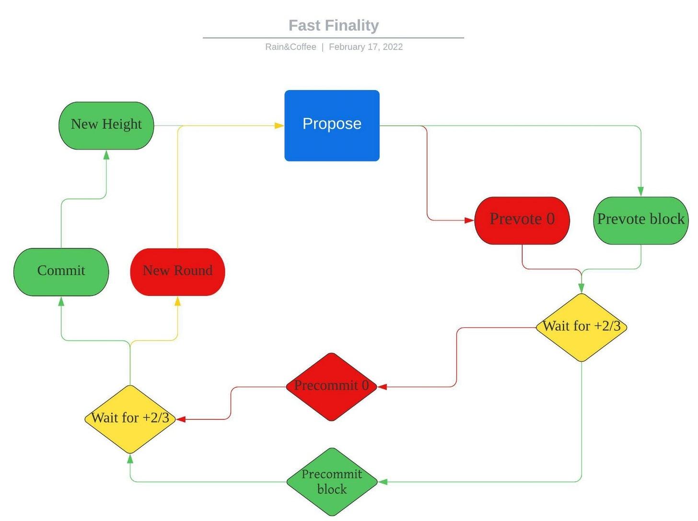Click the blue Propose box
click(332, 126)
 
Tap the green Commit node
click(61, 272)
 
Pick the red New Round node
click(177, 272)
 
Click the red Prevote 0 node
click(522, 220)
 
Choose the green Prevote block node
click(641, 220)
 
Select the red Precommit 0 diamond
click(331, 387)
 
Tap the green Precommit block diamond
click(332, 482)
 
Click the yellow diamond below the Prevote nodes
click(582, 327)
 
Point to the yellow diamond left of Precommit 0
click(130, 419)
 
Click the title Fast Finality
click(334, 25)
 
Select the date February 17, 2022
click(366, 47)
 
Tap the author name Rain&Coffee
click(291, 47)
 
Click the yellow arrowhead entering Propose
click(279, 126)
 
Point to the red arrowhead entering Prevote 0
click(469, 220)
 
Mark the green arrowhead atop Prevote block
click(641, 192)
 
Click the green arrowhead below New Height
click(106, 155)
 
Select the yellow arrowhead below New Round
click(177, 301)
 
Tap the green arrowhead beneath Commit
click(61, 301)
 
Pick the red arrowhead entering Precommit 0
click(383, 387)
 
